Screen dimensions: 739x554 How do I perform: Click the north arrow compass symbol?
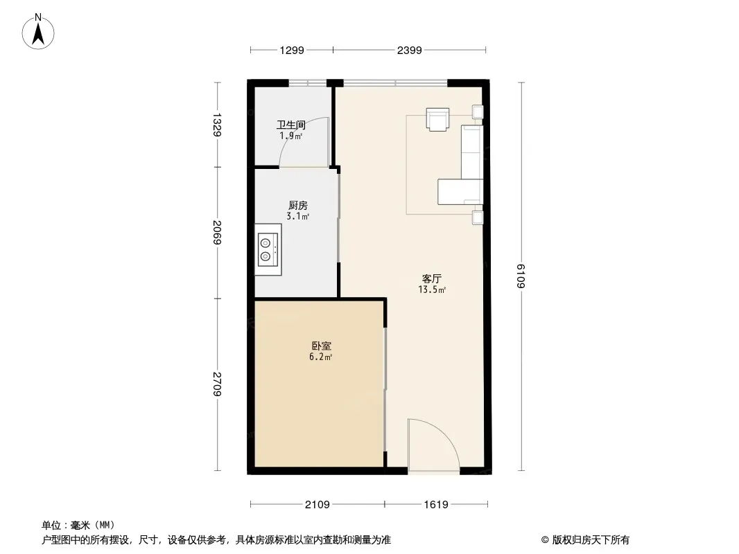tap(38, 32)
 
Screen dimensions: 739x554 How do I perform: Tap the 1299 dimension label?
tap(292, 51)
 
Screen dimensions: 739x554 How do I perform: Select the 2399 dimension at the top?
tap(409, 51)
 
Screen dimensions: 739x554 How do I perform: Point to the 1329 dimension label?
tap(217, 125)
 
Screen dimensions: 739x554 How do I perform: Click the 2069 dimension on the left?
tap(217, 233)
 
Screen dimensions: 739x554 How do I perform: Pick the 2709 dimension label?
tap(217, 384)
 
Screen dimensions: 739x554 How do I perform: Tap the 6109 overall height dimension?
tap(521, 276)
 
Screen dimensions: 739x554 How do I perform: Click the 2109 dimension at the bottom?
tap(318, 505)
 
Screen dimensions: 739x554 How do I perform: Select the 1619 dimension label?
tap(436, 505)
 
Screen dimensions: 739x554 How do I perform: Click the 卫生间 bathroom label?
tap(290, 125)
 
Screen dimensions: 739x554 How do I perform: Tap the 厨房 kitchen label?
tap(298, 206)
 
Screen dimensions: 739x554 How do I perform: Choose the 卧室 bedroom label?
tap(322, 346)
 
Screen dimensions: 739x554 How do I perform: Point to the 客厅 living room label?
tap(432, 278)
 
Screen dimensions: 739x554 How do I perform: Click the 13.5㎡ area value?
tap(432, 290)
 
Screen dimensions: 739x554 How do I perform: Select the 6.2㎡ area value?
tap(320, 357)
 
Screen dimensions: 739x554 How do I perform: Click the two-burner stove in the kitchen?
tap(268, 249)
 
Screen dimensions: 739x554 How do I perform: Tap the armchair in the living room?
tap(437, 119)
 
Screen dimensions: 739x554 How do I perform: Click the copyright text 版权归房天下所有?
tap(591, 540)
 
